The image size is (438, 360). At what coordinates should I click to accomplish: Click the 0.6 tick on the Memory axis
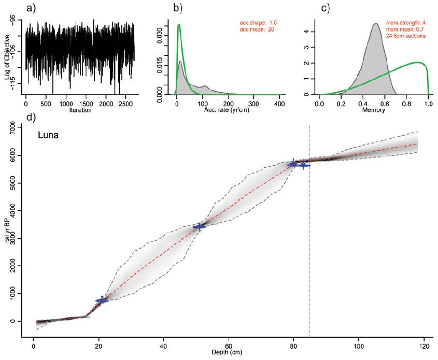[x=385, y=102]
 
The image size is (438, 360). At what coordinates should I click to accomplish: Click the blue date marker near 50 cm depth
[x=199, y=227]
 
